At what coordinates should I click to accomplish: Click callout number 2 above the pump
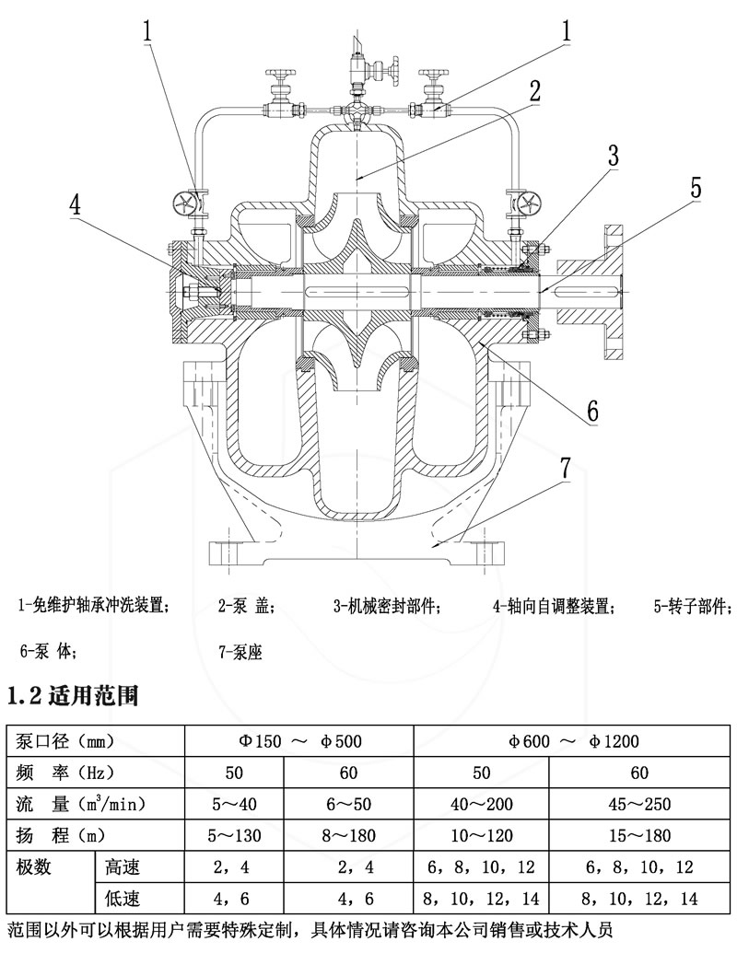[x=534, y=90]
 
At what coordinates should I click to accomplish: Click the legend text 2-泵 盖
[x=247, y=606]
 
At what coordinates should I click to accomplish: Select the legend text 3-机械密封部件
[x=387, y=606]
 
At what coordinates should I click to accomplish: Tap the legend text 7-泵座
[x=240, y=652]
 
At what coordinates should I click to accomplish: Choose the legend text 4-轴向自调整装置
[x=553, y=606]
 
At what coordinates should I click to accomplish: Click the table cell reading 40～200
[x=482, y=804]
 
